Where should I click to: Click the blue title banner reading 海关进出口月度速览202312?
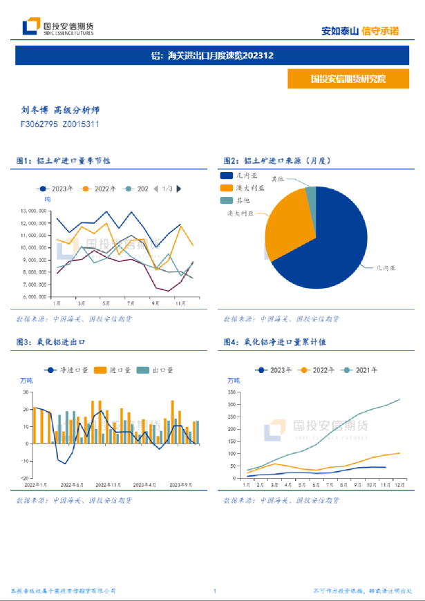212,55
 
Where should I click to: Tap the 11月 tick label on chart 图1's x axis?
180,303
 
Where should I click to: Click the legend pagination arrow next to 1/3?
179,189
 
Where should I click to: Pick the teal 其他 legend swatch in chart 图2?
226,200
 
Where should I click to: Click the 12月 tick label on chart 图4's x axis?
399,485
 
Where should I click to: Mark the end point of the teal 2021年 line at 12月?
399,399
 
